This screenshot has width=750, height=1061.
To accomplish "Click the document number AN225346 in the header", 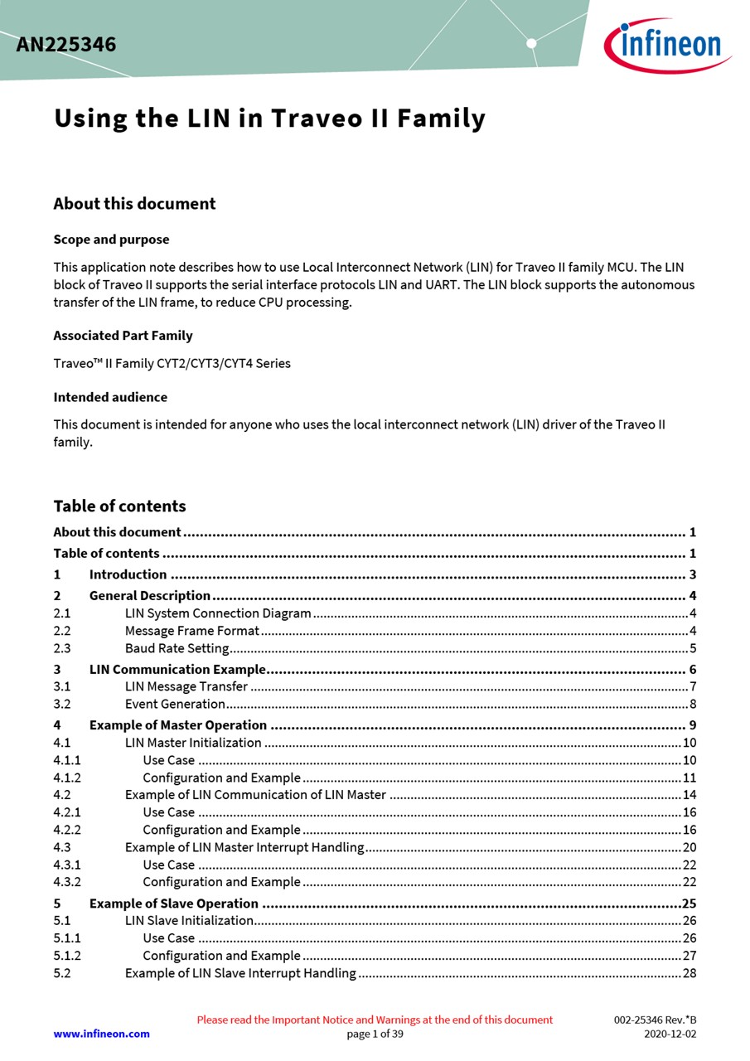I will (x=66, y=45).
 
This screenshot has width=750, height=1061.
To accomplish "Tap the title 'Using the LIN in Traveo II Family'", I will (x=269, y=119).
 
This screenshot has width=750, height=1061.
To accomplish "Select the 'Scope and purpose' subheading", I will (x=111, y=240).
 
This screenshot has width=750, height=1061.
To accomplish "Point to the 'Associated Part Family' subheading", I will (x=123, y=336).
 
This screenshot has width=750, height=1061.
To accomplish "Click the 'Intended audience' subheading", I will (x=110, y=397).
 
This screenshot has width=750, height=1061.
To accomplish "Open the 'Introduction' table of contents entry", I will (x=128, y=574).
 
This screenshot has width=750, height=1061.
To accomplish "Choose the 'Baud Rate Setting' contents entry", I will (x=177, y=648).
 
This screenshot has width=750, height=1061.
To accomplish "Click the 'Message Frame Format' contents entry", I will (x=191, y=631).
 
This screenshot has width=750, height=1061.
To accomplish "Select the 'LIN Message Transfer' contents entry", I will (x=186, y=686).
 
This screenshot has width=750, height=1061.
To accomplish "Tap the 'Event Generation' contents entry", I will (x=175, y=704).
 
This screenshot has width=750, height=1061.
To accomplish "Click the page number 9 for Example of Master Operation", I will (x=692, y=725).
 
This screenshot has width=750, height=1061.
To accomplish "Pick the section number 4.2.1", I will (x=67, y=812).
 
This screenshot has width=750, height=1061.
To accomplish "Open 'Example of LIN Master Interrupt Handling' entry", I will (x=244, y=847).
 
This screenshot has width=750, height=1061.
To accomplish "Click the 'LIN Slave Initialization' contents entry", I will (x=189, y=920).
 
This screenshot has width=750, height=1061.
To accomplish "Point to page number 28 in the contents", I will (x=690, y=972).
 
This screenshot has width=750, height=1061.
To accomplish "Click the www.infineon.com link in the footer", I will (x=101, y=1034).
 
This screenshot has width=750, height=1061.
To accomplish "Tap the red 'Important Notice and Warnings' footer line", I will (x=375, y=1020).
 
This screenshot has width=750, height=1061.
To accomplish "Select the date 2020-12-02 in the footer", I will (x=670, y=1034).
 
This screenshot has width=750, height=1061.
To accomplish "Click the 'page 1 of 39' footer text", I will (x=375, y=1034).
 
